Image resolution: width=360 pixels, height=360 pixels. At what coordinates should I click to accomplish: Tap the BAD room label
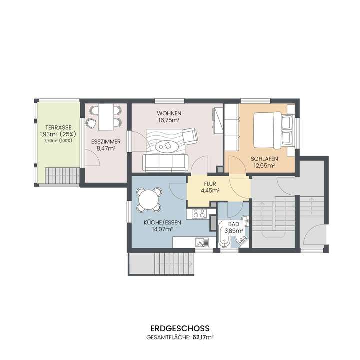[232, 225]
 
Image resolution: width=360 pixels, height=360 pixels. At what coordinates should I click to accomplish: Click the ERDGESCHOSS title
[179, 329]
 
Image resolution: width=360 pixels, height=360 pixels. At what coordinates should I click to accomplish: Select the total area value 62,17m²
[199, 338]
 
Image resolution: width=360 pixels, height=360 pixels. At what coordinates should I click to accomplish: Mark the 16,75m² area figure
[168, 120]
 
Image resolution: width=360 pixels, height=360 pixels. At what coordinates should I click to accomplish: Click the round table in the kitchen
[148, 200]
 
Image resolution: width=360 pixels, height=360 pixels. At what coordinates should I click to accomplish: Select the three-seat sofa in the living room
[165, 161]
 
